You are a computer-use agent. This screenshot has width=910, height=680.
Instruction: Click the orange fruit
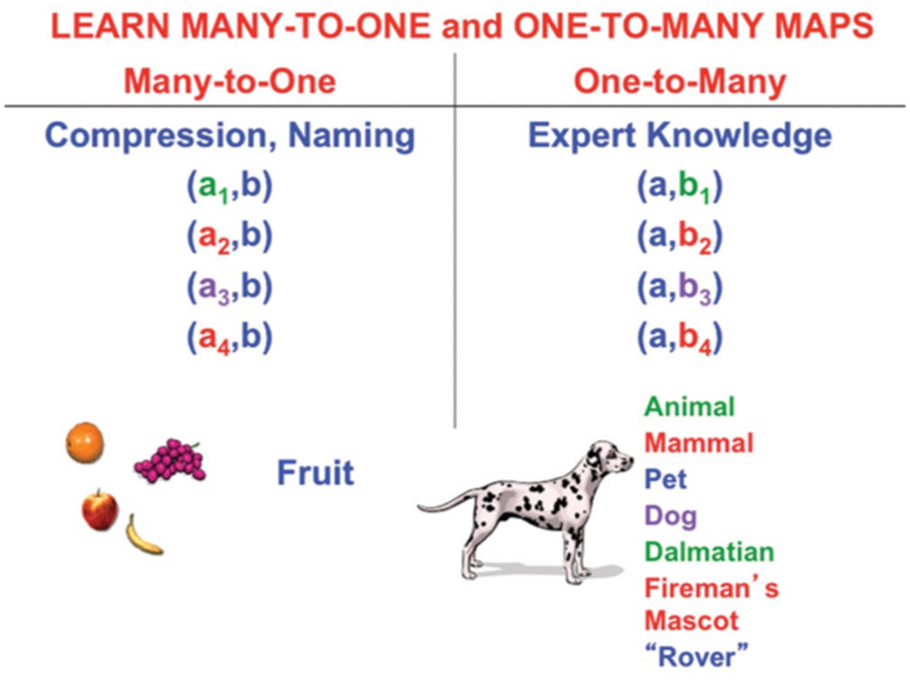(x=85, y=442)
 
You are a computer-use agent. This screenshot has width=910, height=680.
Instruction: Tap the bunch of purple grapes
(x=170, y=461)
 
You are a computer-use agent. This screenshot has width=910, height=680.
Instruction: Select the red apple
(x=100, y=510)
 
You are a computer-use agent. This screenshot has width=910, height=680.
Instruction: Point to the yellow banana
(x=142, y=536)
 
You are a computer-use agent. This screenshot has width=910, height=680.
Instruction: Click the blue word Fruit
(x=315, y=473)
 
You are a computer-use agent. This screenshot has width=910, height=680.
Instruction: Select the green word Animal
(x=689, y=406)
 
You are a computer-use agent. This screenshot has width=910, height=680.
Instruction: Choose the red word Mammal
(x=699, y=443)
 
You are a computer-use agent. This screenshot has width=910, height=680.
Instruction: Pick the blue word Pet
(x=665, y=479)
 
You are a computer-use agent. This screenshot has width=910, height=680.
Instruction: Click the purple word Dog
(x=670, y=516)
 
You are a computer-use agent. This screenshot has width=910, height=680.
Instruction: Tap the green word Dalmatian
(x=709, y=552)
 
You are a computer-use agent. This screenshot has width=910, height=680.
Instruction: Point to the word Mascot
(x=692, y=621)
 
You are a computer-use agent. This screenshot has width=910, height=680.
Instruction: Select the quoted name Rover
(x=697, y=657)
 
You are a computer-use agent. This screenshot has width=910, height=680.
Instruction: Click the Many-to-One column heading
(x=229, y=82)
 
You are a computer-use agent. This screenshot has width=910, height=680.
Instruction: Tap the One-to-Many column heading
(x=679, y=82)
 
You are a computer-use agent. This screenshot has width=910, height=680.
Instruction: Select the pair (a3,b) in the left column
(x=229, y=287)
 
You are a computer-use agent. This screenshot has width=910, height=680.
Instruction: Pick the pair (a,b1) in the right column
(x=679, y=187)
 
